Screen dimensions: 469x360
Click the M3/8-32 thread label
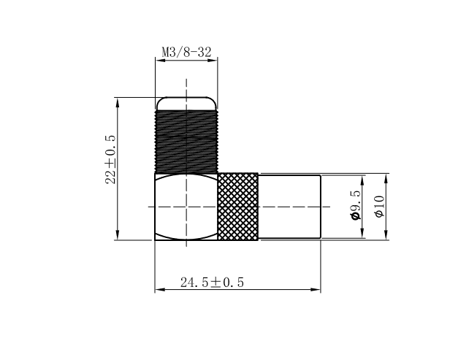click(x=186, y=52)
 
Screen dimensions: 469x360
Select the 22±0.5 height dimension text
click(x=110, y=160)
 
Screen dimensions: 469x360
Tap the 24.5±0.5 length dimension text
click(x=212, y=283)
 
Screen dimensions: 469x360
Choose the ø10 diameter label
click(x=379, y=207)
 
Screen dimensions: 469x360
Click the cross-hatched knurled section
click(x=238, y=207)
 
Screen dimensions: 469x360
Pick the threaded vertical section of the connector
click(x=186, y=142)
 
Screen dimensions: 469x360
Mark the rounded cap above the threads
click(x=186, y=104)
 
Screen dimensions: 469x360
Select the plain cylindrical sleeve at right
click(x=289, y=207)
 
